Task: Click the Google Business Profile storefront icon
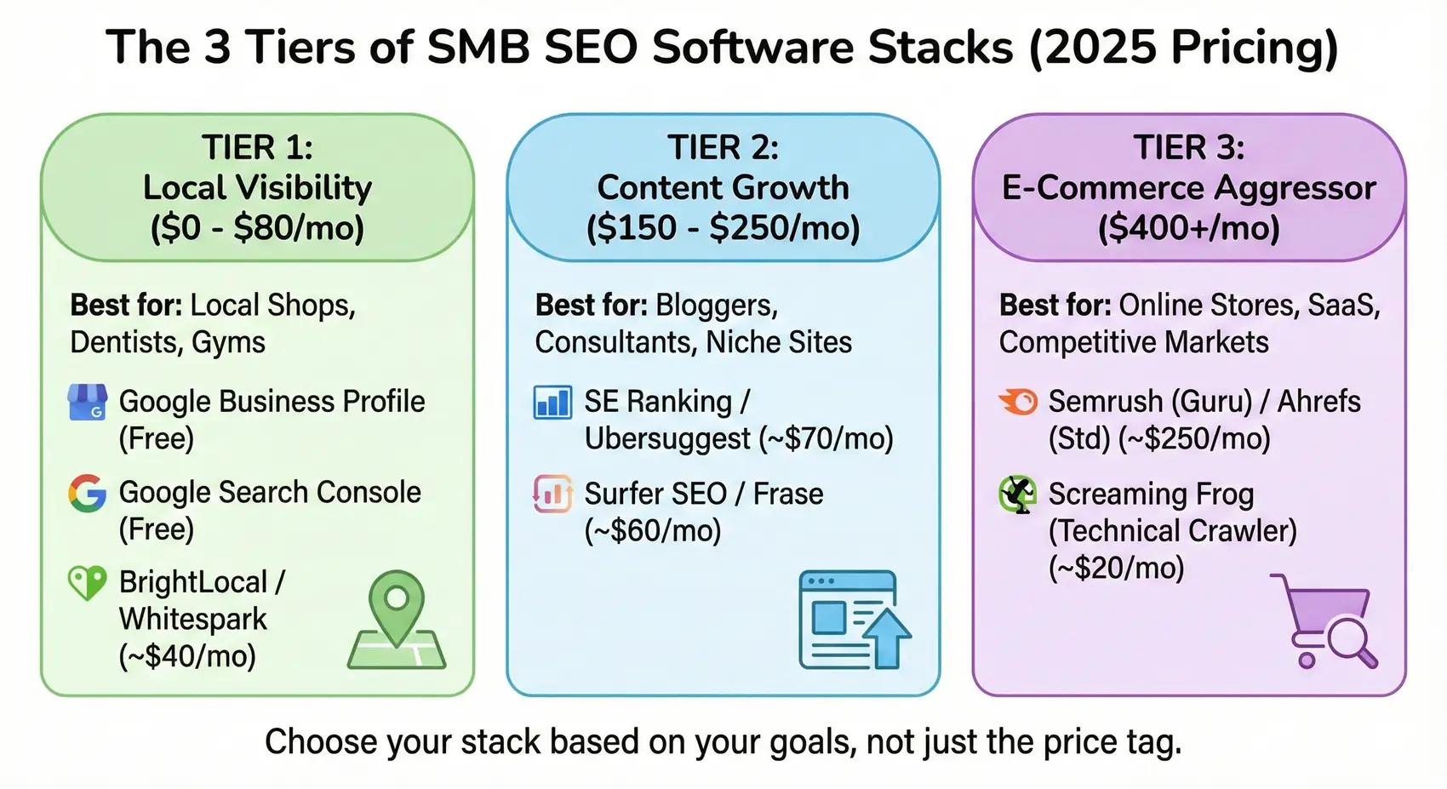(87, 403)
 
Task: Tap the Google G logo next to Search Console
(87, 494)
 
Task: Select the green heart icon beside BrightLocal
(87, 583)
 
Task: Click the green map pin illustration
(397, 621)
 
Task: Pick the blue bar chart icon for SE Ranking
(552, 403)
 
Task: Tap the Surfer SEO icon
(552, 494)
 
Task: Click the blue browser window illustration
(854, 620)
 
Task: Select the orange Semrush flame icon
(1018, 401)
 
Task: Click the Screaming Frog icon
(1017, 494)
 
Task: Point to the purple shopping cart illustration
(1326, 620)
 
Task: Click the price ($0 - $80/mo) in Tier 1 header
(257, 228)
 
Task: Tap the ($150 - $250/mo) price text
(723, 228)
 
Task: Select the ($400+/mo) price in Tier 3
(1188, 228)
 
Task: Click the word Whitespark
(193, 619)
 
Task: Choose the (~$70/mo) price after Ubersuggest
(826, 439)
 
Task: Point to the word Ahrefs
(1318, 401)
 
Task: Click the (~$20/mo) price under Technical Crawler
(1116, 567)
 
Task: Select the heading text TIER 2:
(723, 148)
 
